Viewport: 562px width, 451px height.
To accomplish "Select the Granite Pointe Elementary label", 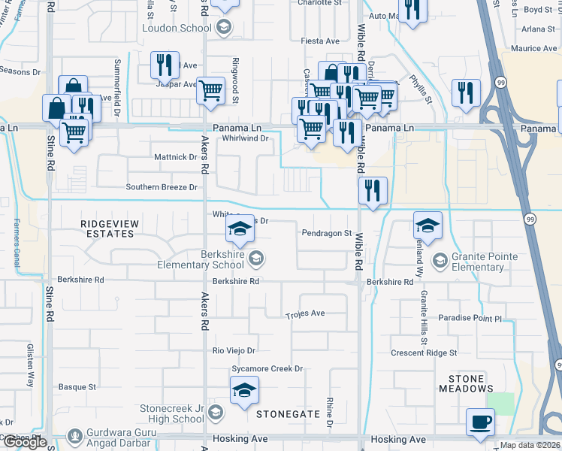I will pyautogui.click(x=484, y=262).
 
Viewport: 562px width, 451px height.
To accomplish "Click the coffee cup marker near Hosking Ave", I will pyautogui.click(x=480, y=422).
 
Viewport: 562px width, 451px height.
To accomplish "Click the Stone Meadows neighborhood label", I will pyautogui.click(x=471, y=383).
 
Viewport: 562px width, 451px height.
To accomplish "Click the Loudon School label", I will pyautogui.click(x=177, y=28).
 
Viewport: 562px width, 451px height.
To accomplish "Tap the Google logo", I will pyautogui.click(x=24, y=442).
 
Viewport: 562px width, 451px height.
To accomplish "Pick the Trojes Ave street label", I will pyautogui.click(x=305, y=313).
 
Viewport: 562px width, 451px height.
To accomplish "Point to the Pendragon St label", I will pyautogui.click(x=327, y=234).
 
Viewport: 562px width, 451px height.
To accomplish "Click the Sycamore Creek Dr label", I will pyautogui.click(x=267, y=369).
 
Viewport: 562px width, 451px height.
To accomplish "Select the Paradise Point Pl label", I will pyautogui.click(x=470, y=318).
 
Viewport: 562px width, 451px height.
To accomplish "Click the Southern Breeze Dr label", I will pyautogui.click(x=162, y=187).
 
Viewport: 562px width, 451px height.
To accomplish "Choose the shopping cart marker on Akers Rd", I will pyautogui.click(x=211, y=91).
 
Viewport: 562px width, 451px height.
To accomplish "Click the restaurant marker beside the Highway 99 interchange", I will pyautogui.click(x=466, y=93).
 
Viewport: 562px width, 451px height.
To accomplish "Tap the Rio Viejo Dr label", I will pyautogui.click(x=234, y=351).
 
